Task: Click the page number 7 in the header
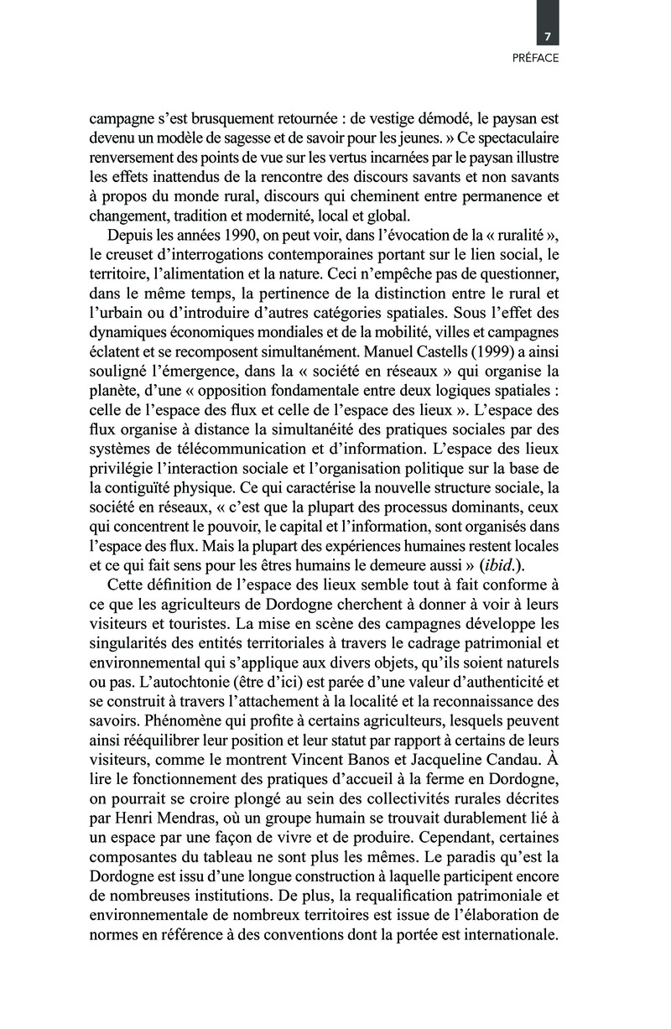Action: click(547, 37)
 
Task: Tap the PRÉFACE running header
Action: click(535, 59)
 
